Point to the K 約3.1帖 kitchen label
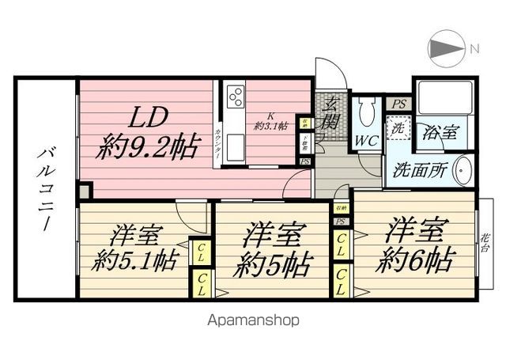coord(269,120)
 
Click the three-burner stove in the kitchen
coord(236,97)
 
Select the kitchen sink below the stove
coord(235,145)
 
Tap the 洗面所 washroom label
coord(421,169)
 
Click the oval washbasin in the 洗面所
coord(465,169)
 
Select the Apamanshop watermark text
coord(254,320)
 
